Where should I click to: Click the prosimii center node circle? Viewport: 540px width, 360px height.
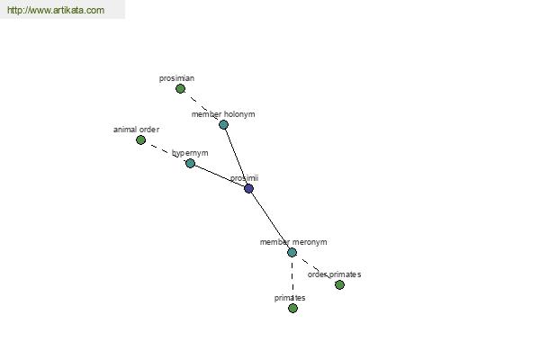pos(248,188)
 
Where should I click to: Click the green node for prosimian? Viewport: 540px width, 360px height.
pos(180,89)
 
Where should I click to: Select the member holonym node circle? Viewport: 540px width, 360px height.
pos(223,124)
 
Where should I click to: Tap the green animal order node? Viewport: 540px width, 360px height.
pos(140,139)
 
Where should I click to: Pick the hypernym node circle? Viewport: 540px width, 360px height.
pos(190,163)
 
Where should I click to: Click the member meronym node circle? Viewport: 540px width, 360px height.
pos(292,252)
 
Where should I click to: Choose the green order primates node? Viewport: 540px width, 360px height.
pos(339,284)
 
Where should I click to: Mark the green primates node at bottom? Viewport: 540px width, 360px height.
pos(292,308)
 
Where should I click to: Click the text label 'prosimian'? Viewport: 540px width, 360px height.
pos(176,78)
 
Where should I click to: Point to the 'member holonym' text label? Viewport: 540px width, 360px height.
pos(223,114)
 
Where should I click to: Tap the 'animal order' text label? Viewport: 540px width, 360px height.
pos(136,130)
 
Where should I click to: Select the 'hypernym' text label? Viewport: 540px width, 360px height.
pos(190,153)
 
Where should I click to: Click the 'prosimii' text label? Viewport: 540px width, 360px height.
pos(244,178)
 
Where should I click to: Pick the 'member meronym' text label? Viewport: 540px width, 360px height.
pos(293,242)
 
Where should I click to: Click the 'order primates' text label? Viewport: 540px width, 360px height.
pos(334,274)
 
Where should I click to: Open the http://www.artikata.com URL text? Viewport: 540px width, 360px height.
pos(55,11)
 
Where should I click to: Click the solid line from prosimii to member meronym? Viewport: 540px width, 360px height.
pos(270,220)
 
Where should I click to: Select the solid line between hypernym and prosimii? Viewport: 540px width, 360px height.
pos(219,175)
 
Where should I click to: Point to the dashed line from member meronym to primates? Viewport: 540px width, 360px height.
pos(292,280)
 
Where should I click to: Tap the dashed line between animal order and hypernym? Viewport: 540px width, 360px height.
pos(165,151)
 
